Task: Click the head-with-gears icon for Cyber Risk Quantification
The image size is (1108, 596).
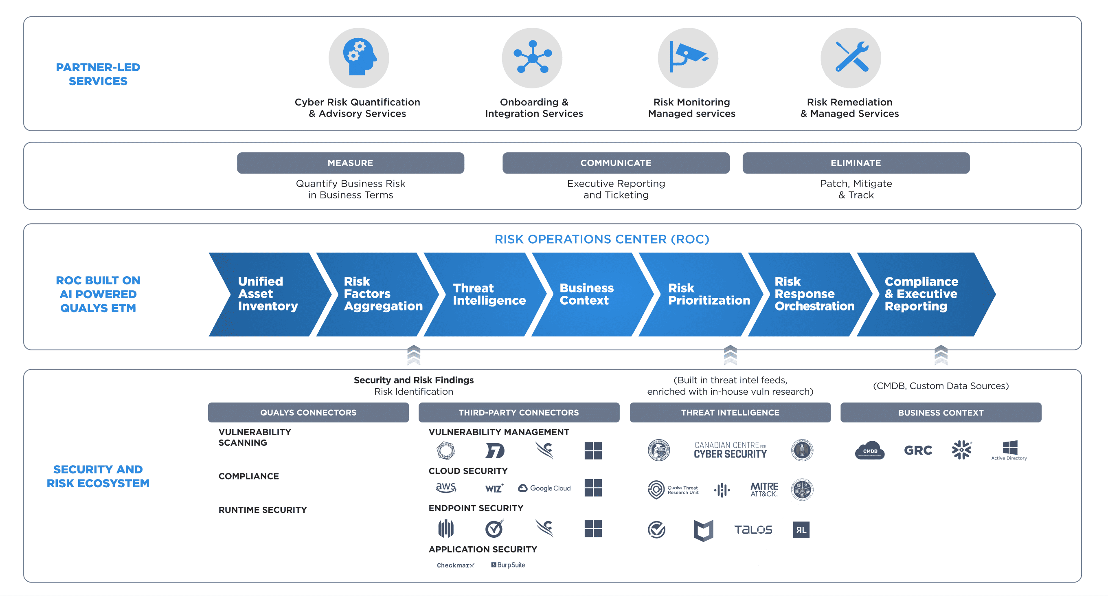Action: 359,58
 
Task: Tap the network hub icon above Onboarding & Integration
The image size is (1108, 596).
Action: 532,58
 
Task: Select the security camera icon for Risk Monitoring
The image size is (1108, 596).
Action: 688,58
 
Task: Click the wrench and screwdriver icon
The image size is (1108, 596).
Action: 850,58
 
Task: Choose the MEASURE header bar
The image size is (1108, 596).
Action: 350,163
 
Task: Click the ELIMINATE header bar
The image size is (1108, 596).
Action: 856,163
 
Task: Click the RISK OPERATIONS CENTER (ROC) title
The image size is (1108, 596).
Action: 601,239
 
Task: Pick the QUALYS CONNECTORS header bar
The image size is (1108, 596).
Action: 308,412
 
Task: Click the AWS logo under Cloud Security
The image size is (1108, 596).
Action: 445,487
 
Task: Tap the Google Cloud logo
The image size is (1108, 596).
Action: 544,488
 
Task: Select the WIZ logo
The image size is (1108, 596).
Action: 494,488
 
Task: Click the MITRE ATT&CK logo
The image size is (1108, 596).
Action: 764,489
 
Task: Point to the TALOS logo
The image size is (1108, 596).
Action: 753,530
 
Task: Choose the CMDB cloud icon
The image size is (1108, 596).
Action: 869,451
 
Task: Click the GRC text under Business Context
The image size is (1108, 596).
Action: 918,451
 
